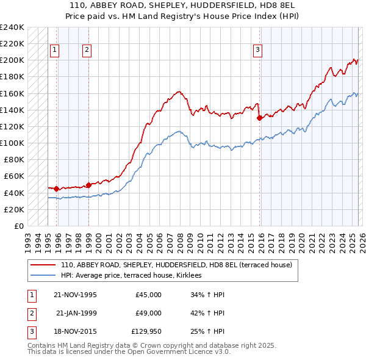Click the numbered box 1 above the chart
coord(55,50)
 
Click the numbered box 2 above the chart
coord(87,50)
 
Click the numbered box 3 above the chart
coord(258,50)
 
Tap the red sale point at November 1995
coord(57,189)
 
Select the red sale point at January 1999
coord(88,185)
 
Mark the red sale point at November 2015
coord(260,118)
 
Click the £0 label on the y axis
coord(18,226)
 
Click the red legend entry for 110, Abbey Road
coord(176,265)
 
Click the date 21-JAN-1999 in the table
coord(76,313)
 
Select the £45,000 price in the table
coord(148,295)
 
